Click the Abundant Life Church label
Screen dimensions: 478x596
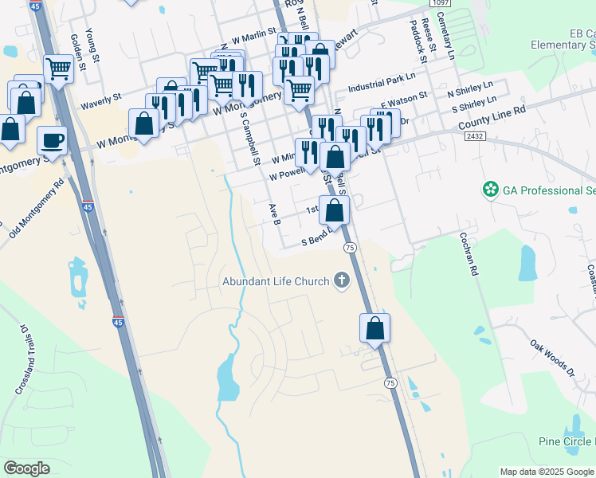pos(276,281)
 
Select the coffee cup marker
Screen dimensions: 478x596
pos(53,140)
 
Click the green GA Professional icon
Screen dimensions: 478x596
pos(490,190)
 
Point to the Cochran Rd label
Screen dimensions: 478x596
pos(468,253)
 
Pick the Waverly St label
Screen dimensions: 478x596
pos(100,100)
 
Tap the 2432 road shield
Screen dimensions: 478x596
pos(474,136)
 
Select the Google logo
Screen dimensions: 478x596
pos(26,468)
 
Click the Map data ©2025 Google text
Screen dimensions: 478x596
pos(547,472)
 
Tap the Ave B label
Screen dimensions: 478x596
pos(275,213)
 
